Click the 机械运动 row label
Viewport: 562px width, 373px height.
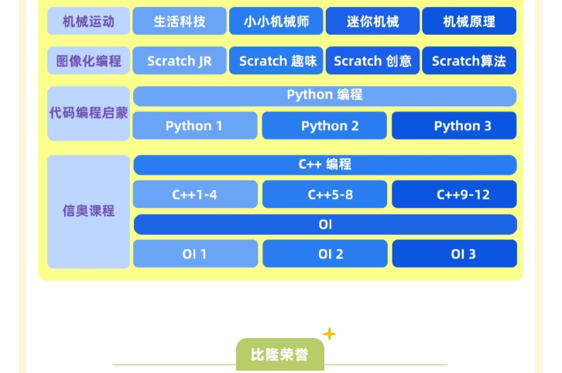point(88,22)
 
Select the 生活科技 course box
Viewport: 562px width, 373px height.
point(180,22)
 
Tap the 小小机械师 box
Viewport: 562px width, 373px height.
point(276,22)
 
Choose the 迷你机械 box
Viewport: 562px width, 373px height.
point(372,22)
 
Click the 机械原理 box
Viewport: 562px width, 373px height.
point(469,22)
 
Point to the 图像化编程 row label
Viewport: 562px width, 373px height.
point(88,60)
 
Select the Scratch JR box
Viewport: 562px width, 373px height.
point(180,60)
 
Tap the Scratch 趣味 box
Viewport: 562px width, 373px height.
point(276,60)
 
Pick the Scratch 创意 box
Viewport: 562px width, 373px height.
point(372,60)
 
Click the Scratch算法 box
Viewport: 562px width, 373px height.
point(469,60)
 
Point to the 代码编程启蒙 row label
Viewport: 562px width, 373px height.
point(88,113)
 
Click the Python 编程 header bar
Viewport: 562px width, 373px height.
point(324,95)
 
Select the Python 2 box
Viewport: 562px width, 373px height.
point(324,126)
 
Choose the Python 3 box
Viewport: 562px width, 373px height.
point(454,126)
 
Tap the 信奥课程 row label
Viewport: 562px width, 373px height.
point(88,211)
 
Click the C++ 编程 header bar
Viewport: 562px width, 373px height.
point(324,164)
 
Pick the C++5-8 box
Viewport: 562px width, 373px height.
point(324,195)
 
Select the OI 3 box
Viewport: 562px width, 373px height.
point(454,254)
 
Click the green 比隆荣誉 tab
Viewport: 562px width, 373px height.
point(279,355)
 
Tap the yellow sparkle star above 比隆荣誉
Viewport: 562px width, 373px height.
point(329,334)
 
